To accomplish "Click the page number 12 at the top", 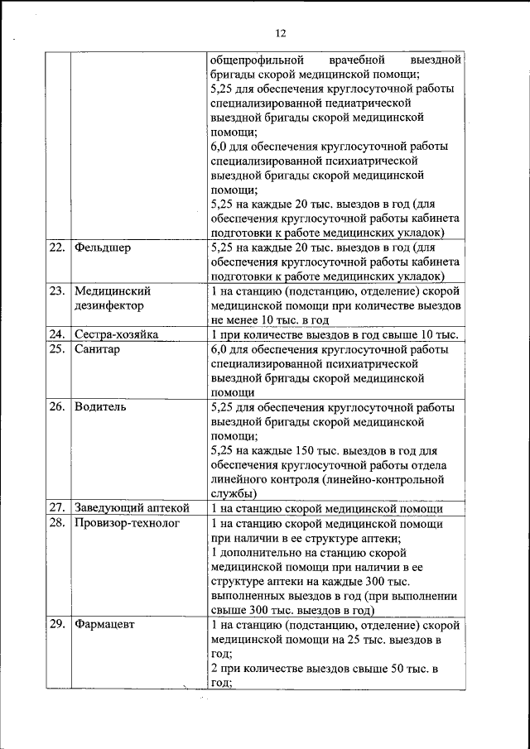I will tap(280, 33).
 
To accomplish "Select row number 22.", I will tap(57, 247).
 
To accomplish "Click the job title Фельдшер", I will tap(102, 247).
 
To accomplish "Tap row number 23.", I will tap(57, 290).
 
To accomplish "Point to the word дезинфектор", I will tap(108, 305).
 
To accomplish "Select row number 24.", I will tap(57, 334).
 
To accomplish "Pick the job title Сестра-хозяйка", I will tap(116, 334).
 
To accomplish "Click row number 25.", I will tap(57, 349).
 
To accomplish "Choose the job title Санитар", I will tap(97, 349).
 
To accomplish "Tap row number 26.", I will tap(57, 407).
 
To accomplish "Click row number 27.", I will tap(57, 508).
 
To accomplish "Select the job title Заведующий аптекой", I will tap(132, 508).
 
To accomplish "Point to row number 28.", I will tap(57, 523).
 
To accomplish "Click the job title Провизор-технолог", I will tap(127, 523).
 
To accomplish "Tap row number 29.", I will tap(57, 625).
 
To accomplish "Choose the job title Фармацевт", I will tap(104, 625).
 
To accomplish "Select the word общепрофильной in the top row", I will tap(256, 60).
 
